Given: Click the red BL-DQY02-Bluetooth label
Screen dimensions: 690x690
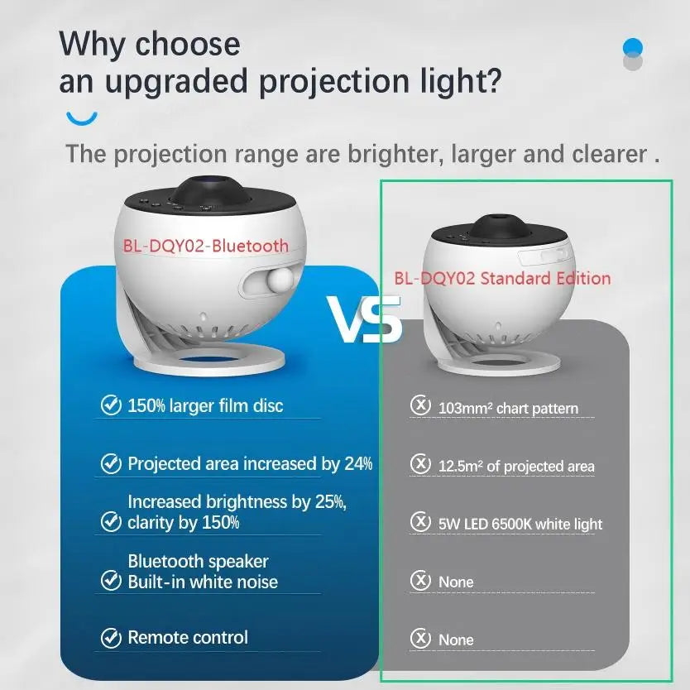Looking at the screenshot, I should point(206,246).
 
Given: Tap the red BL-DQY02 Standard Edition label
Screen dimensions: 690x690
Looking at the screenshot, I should point(502,278).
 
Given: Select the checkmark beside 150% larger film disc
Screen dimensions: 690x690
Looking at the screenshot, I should point(110,405).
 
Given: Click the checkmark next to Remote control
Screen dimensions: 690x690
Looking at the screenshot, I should point(110,638).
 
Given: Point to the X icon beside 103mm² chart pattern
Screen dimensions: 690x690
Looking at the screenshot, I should point(421,406).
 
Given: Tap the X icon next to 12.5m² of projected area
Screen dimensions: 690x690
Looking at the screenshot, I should point(421,465).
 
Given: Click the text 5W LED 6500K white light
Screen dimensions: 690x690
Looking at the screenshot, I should point(520,524).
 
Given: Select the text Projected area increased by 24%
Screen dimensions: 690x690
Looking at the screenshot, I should point(250,464).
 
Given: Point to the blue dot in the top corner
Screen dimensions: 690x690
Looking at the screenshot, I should point(632,46).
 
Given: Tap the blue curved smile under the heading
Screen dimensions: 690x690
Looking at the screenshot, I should point(82,117).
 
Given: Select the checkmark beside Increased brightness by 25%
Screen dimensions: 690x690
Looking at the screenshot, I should point(110,521).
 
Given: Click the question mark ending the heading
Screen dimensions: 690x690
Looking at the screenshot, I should point(491,81).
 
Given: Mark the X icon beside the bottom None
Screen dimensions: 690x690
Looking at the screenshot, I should point(421,639).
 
